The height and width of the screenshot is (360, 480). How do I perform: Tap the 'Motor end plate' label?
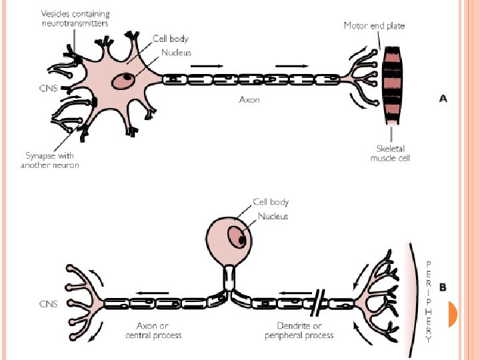[x=374, y=26]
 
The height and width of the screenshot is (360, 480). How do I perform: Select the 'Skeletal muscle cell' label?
[x=390, y=153]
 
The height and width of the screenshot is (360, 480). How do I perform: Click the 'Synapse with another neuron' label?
[x=50, y=161]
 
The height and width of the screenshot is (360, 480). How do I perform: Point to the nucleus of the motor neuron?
[x=123, y=81]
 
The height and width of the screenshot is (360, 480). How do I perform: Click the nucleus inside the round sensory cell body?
[x=235, y=237]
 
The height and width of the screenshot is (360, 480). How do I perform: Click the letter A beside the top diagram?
[x=443, y=99]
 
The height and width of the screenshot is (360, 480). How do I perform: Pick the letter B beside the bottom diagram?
[x=443, y=287]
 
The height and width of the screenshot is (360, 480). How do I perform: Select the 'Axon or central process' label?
[x=153, y=331]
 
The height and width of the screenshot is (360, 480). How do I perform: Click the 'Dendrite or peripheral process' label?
[x=299, y=331]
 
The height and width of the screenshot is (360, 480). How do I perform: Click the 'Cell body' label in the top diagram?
[x=169, y=39]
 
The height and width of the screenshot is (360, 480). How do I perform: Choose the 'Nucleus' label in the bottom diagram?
[x=272, y=216]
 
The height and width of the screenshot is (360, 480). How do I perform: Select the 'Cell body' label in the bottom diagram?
[x=270, y=202]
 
